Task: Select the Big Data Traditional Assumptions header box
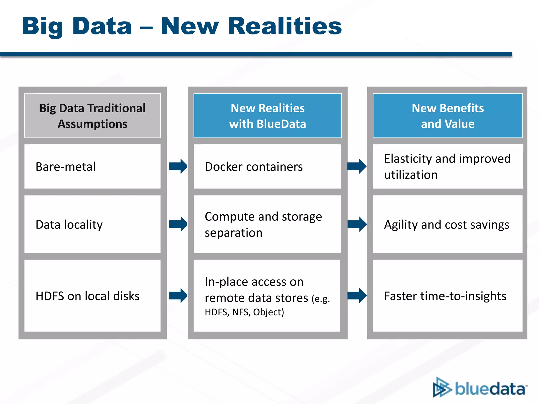pos(92,116)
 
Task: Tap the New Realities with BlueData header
pos(267,116)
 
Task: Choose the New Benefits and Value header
pos(447,116)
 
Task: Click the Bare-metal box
pos(92,166)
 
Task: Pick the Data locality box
pos(92,224)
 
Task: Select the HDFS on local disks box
pos(92,296)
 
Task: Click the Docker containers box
pos(267,166)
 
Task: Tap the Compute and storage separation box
pos(267,224)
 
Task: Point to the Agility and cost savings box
pos(447,224)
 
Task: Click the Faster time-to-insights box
pos(447,296)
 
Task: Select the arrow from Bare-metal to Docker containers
pos(178,166)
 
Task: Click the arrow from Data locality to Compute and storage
pos(178,224)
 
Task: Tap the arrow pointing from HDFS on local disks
pos(178,296)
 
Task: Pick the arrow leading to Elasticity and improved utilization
pos(357,166)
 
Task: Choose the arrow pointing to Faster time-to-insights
pos(357,296)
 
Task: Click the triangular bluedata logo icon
pos(442,387)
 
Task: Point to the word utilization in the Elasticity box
pos(411,175)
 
